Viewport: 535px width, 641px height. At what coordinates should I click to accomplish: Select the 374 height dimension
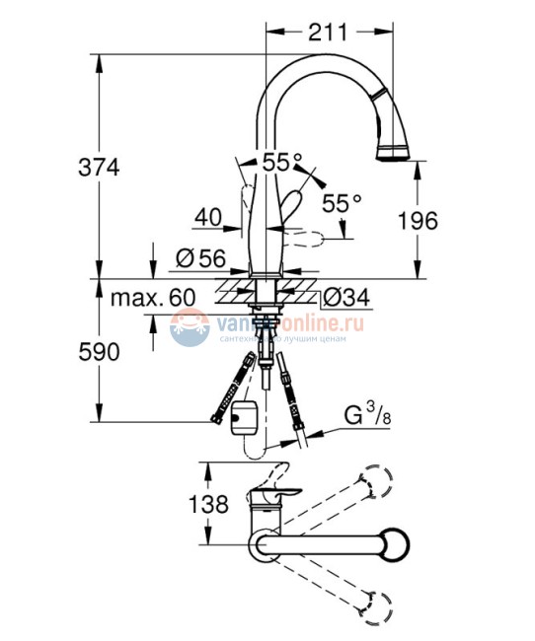pos(99,168)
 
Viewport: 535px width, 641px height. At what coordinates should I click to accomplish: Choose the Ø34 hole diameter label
pos(344,296)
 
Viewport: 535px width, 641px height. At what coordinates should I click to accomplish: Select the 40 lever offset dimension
pos(207,215)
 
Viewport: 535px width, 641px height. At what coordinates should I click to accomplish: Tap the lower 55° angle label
pos(343,203)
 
